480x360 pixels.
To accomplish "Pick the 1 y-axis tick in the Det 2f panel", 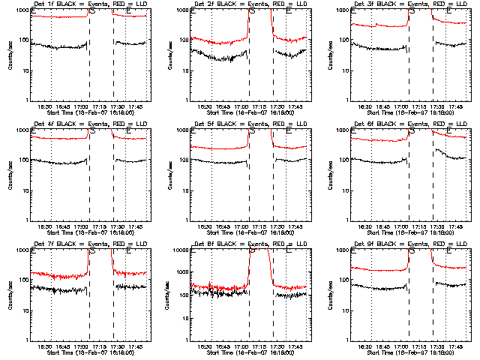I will point(186,100).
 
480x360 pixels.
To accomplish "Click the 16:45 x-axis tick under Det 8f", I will point(223,346).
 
